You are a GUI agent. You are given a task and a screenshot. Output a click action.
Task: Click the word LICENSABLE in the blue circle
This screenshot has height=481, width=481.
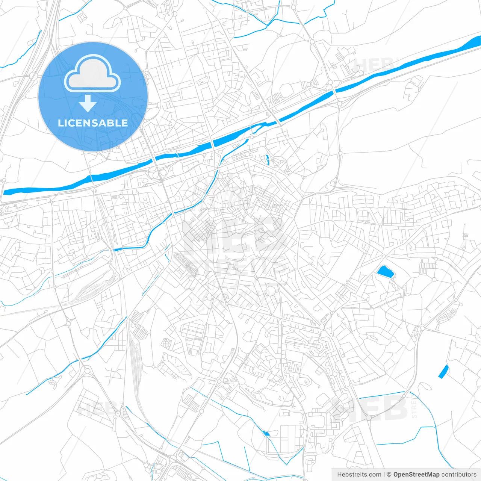point(93,123)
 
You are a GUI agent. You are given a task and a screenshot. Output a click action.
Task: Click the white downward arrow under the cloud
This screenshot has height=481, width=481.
point(88,104)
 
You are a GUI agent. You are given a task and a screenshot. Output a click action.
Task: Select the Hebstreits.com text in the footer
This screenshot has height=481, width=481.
point(359,475)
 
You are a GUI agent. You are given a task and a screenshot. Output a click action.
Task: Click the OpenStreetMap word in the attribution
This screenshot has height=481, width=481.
point(416,475)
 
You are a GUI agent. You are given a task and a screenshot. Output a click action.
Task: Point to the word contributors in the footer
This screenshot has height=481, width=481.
point(458,475)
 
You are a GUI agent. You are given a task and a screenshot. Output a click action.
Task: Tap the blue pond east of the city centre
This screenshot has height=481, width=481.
point(385,272)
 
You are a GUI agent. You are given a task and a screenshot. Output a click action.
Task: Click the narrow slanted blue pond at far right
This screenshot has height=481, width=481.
point(444,371)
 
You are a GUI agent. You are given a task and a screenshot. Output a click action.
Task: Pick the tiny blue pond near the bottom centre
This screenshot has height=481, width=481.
point(266,434)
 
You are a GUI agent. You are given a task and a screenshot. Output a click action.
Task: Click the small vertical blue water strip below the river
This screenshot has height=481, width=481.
point(267,160)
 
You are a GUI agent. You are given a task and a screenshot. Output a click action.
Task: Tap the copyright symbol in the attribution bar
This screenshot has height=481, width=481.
point(389,475)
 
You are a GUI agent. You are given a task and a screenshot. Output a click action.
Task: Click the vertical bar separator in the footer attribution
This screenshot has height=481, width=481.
point(384,475)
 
